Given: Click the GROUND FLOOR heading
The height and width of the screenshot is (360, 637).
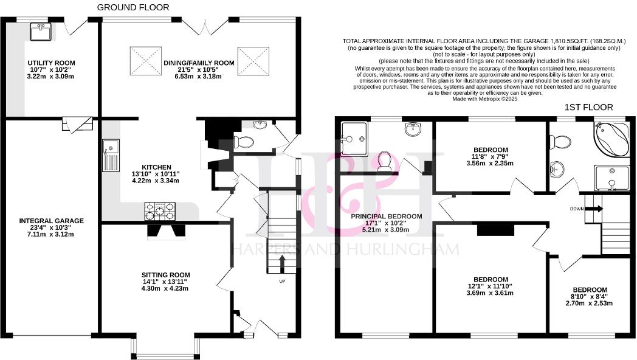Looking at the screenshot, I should (134, 7).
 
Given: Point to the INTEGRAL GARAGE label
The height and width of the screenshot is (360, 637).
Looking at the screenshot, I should (51, 221).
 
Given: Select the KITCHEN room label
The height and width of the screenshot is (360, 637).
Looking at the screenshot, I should (156, 167).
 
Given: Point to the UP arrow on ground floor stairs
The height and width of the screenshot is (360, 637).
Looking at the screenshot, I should (282, 263).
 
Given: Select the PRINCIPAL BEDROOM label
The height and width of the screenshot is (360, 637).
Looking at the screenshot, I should (386, 216).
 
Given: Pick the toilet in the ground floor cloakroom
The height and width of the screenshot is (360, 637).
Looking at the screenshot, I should (246, 143).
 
